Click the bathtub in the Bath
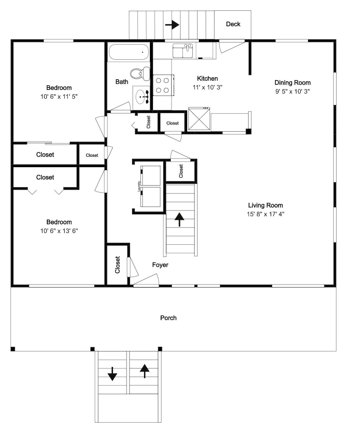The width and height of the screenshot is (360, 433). pyautogui.click(x=129, y=52)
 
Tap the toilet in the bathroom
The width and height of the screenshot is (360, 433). pyautogui.click(x=140, y=74)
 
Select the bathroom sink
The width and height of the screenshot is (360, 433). pyautogui.click(x=141, y=97)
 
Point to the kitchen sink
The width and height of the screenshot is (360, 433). pyautogui.click(x=183, y=51)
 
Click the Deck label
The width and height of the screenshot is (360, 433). pyautogui.click(x=233, y=24)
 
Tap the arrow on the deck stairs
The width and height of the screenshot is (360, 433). pyautogui.click(x=172, y=25)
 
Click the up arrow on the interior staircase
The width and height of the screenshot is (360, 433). pyautogui.click(x=179, y=219)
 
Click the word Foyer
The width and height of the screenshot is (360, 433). pyautogui.click(x=160, y=265)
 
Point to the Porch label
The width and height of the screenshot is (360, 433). pyautogui.click(x=168, y=318)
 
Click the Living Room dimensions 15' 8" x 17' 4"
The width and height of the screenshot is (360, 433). pyautogui.click(x=266, y=214)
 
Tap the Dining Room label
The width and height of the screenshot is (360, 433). pyautogui.click(x=292, y=83)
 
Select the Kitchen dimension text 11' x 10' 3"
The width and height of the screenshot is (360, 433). pyautogui.click(x=208, y=87)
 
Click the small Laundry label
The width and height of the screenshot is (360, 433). pyautogui.click(x=139, y=186)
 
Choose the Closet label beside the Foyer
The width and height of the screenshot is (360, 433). pyautogui.click(x=117, y=265)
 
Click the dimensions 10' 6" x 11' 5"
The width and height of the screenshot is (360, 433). pyautogui.click(x=59, y=97)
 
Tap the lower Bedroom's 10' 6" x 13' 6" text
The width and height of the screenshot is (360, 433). pyautogui.click(x=59, y=231)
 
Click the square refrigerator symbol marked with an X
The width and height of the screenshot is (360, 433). pyautogui.click(x=199, y=119)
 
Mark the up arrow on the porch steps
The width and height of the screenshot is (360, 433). pyautogui.click(x=145, y=371)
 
